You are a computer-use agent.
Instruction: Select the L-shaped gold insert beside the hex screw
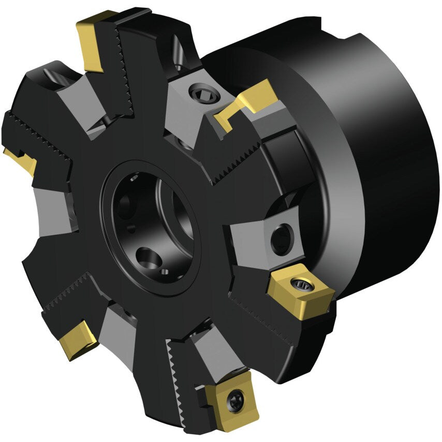coord(247,104)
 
